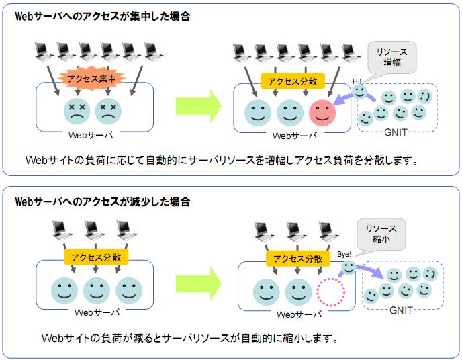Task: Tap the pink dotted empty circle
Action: tap(330, 293)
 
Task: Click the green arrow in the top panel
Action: tap(198, 105)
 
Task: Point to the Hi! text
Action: tap(357, 81)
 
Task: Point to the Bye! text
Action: tap(344, 255)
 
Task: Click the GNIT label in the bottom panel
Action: tap(401, 310)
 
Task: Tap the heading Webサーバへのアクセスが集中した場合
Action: tap(102, 17)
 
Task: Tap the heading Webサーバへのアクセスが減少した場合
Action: tap(102, 201)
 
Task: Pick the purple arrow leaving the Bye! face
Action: tap(369, 270)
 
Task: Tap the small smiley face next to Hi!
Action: tap(361, 91)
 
